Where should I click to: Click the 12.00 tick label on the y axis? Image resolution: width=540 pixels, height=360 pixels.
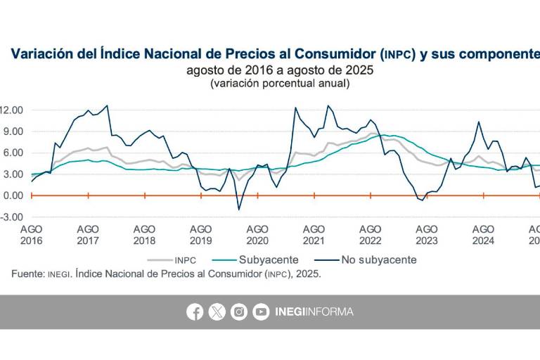(12, 110)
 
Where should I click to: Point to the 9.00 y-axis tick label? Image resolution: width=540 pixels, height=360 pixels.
(14, 131)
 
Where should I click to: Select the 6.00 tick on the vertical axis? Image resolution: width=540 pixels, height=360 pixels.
(14, 153)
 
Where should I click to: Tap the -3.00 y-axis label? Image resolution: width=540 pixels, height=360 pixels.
(13, 217)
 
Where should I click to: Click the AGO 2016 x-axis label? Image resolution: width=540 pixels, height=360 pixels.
(31, 235)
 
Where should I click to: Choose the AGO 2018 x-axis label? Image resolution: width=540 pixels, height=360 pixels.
(144, 235)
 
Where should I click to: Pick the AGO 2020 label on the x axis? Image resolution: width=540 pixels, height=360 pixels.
(257, 235)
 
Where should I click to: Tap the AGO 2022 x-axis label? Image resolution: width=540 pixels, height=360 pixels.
(371, 235)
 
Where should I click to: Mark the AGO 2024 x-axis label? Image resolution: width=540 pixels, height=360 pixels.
(483, 235)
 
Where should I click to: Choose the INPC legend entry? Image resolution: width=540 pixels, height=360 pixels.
(184, 259)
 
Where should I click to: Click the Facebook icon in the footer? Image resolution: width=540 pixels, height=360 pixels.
(195, 312)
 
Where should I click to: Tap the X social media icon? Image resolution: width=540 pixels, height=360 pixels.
(217, 312)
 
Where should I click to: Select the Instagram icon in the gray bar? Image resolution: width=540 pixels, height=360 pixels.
(239, 312)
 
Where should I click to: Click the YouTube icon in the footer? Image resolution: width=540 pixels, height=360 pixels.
(261, 312)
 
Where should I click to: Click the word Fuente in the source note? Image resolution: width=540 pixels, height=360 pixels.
(27, 274)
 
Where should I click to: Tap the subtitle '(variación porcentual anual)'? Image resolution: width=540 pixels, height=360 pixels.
(279, 83)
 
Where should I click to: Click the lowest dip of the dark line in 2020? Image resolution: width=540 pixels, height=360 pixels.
(239, 209)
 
